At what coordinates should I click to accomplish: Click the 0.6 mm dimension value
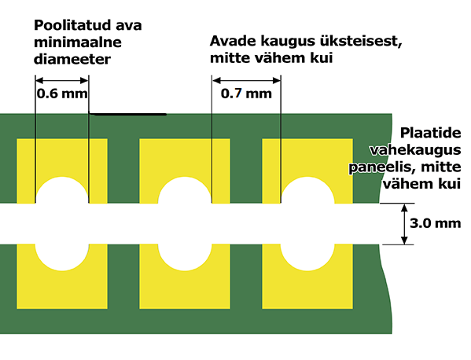point(62,94)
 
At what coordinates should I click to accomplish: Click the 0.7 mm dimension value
point(246,94)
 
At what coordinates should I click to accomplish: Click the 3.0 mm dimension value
point(436,223)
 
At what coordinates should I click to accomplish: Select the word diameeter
point(72,59)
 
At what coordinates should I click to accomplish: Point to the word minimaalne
point(78,42)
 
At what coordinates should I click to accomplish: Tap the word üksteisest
point(361,42)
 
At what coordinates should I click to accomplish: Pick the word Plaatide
point(430,133)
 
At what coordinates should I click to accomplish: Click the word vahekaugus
point(415,150)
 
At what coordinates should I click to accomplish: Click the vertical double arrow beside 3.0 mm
point(404,224)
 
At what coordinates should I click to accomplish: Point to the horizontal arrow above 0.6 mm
point(62,80)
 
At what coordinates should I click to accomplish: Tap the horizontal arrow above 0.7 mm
point(246,80)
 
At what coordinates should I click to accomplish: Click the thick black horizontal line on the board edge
point(127,114)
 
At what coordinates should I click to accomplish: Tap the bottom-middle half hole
point(185,257)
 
